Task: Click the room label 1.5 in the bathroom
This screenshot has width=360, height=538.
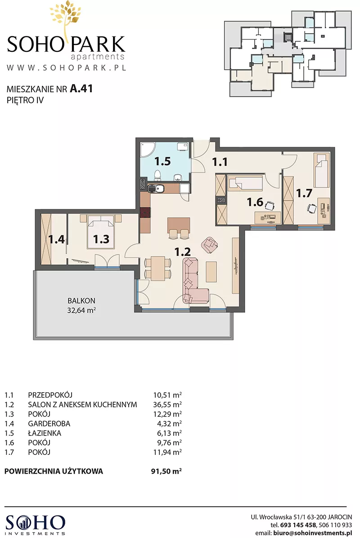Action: coord(162,161)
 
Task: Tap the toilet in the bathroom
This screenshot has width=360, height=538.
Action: coord(157,175)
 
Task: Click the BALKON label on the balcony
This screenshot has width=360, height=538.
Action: coord(81,300)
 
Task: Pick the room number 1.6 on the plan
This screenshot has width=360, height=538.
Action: coord(255,202)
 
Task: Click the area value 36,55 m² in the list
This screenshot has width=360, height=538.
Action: coord(167,404)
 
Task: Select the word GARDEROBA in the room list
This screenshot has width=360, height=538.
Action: coord(49,424)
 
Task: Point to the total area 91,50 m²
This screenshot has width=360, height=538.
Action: coord(166,471)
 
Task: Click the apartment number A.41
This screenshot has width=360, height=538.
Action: coord(81,89)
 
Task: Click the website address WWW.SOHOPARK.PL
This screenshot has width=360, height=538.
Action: coord(66,67)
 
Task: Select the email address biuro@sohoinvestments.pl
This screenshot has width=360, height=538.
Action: coord(313,533)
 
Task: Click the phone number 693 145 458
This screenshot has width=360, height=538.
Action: coord(298,525)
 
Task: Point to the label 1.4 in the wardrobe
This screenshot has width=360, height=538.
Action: coord(56,239)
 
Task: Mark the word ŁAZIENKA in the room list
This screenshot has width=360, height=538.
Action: coord(45,433)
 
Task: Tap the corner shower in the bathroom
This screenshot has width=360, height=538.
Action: coord(146,150)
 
